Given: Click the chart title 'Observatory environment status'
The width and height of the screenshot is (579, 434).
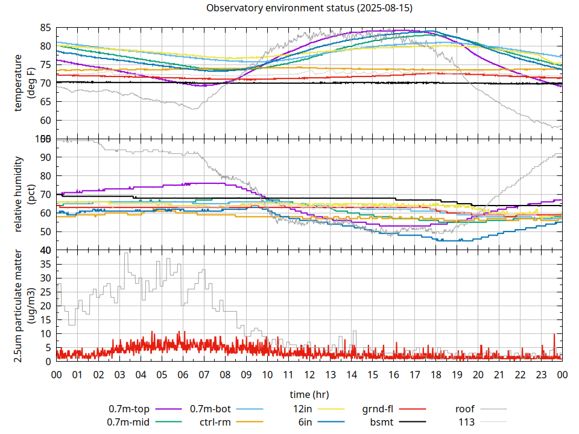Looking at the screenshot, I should pos(309,8).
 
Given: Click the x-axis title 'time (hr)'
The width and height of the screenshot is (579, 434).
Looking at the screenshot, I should pos(309,395).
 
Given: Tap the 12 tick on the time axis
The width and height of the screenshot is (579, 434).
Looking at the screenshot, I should pos(309,374).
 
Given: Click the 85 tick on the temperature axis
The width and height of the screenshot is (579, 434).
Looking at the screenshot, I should pos(46,28).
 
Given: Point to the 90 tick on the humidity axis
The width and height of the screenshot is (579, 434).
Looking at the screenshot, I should pos(46,157).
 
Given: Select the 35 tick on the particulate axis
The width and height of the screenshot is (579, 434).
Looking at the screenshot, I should pos(46,264).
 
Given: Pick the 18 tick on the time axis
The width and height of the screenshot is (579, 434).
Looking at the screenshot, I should pos(435,374).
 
